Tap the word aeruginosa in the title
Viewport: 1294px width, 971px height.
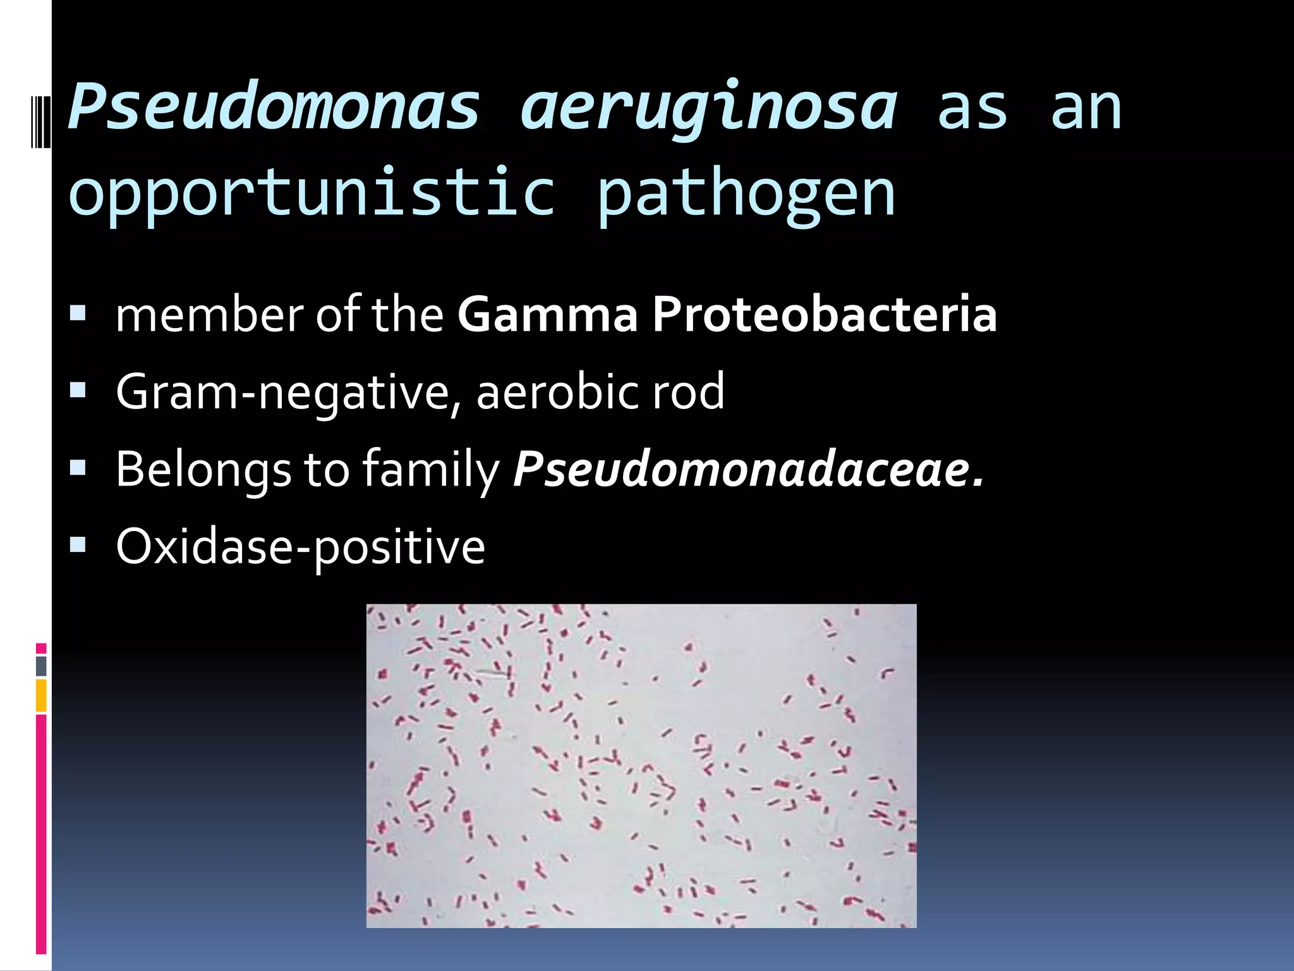[708, 107]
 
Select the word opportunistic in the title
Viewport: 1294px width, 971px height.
[312, 192]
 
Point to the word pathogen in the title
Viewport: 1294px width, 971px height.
[746, 192]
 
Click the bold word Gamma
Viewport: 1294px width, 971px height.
[547, 314]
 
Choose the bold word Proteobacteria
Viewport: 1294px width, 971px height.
[824, 314]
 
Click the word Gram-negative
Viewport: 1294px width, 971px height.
[288, 392]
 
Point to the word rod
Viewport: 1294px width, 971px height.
[688, 392]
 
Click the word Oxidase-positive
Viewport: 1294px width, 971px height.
[300, 547]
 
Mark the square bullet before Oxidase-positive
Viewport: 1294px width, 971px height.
[78, 544]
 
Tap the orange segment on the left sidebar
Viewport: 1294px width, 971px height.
[41, 695]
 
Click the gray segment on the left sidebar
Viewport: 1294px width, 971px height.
[41, 666]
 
